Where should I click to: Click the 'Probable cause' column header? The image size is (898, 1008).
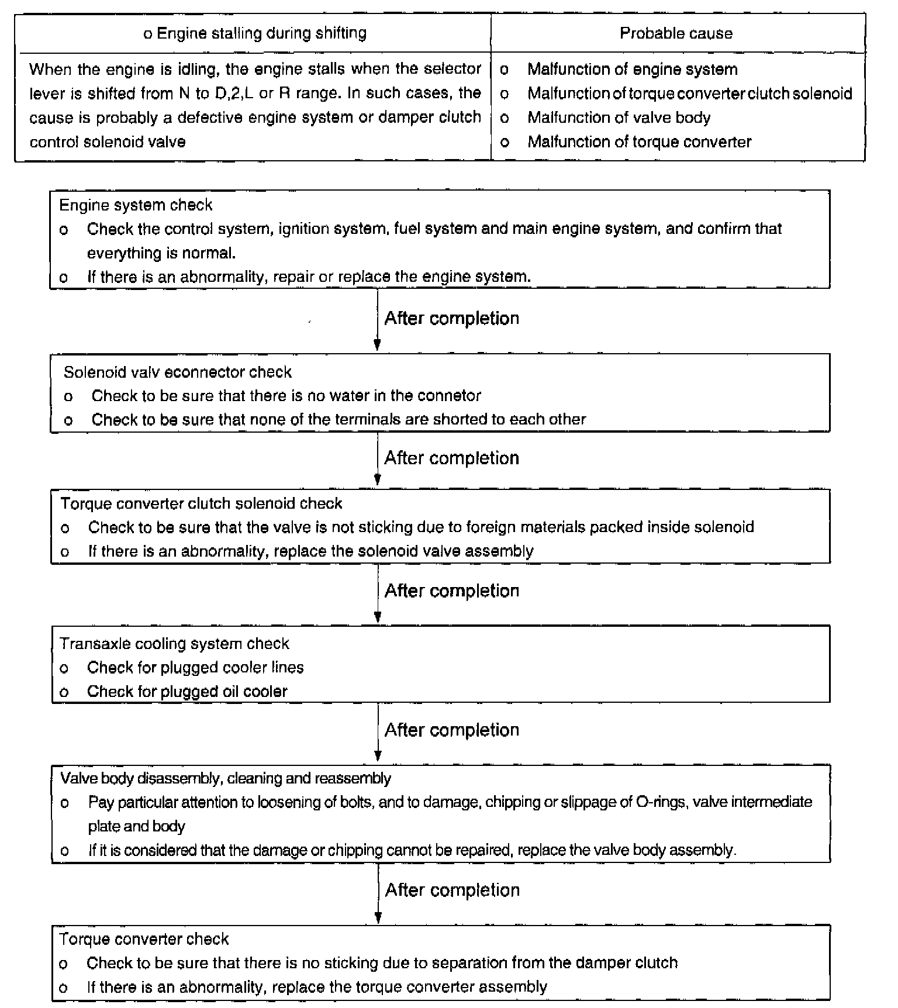676,33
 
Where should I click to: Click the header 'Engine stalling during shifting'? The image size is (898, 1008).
255,33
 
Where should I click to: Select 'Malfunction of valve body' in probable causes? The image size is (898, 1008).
619,118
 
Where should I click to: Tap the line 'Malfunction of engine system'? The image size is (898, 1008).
632,69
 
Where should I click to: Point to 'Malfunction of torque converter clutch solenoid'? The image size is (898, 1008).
689,94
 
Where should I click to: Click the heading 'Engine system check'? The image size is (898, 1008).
136,205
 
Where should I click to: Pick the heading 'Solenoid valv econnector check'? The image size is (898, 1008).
177,372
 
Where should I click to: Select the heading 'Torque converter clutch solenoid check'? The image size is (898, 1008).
201,503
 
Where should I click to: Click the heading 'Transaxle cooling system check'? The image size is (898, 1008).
174,644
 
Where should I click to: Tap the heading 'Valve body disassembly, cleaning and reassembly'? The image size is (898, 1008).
226,779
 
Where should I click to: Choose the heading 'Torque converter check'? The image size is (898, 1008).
144,939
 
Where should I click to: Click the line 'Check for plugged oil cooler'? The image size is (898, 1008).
187,692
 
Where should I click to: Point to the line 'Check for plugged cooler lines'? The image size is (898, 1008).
195,668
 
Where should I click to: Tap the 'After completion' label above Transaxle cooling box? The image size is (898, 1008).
451,591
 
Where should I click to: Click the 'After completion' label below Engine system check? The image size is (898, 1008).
451,319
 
